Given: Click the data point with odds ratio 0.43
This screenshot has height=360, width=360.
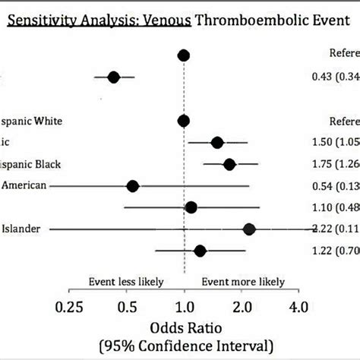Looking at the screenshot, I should coord(114,77).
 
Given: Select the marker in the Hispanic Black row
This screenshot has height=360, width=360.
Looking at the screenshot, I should coord(229,164).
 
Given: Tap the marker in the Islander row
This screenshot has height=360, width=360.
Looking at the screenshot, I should coord(249,229).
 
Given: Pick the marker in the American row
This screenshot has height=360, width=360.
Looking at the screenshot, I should coord(133,185).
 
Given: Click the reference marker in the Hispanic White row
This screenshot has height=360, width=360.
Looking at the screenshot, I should coord(183,120).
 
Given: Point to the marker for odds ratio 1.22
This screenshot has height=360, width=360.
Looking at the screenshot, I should coord(201,250).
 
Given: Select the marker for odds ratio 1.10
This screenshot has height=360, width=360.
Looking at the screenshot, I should coord(191,207).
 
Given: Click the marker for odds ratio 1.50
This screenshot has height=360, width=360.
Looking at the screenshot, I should coord(217,142).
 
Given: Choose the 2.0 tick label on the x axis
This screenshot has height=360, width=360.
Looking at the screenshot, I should coord(242,308).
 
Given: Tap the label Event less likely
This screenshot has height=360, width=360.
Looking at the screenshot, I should coord(126,280).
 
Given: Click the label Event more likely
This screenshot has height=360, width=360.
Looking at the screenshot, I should coord(241,280).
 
